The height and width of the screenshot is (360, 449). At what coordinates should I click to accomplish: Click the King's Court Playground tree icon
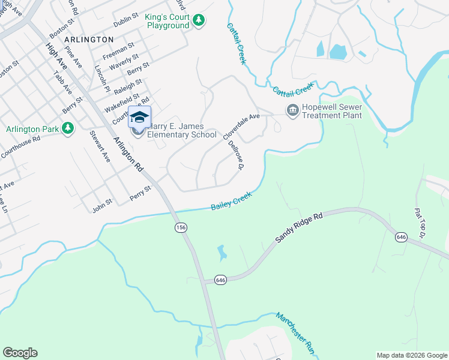(x=198, y=22)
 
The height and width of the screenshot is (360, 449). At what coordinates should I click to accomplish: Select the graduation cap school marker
(x=139, y=117)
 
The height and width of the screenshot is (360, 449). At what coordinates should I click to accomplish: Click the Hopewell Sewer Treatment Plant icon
(x=292, y=110)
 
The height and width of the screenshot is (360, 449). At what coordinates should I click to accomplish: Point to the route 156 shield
(x=181, y=227)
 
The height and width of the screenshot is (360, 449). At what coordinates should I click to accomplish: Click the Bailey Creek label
(x=231, y=201)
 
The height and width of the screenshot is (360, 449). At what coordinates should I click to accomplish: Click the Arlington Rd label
(x=128, y=154)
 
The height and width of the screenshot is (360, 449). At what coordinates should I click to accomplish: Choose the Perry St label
(x=140, y=193)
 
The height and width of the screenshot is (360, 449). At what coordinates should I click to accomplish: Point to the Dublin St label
(x=125, y=20)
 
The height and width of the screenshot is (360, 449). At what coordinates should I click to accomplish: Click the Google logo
(x=20, y=353)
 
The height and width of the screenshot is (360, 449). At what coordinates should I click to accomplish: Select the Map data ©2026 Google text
(x=412, y=355)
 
